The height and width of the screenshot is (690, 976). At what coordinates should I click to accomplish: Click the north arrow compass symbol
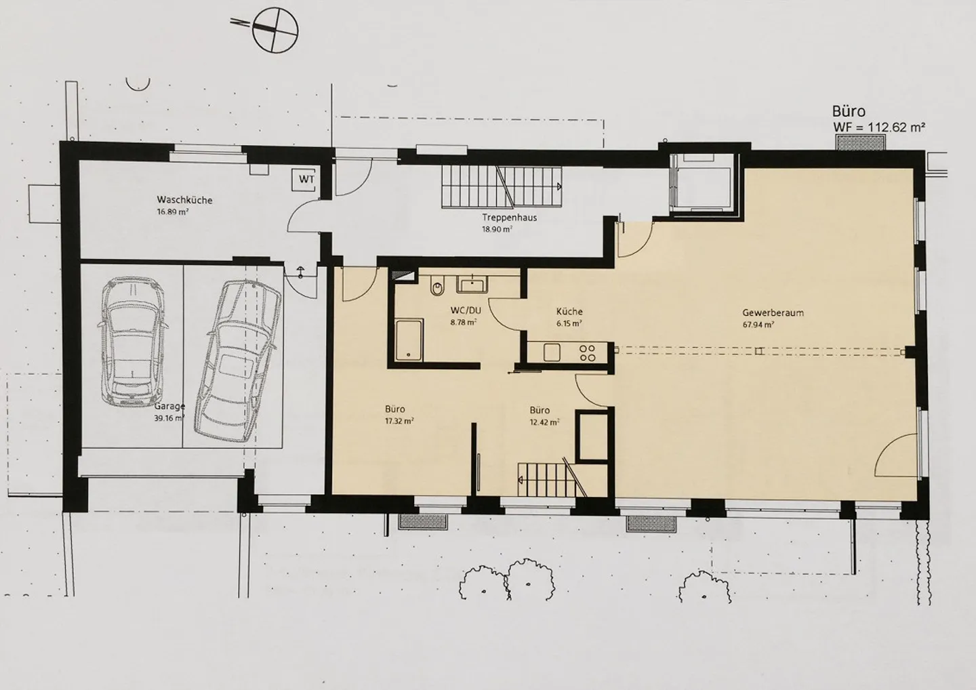tap(277, 28)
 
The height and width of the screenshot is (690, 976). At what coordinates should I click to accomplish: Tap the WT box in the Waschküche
tap(306, 180)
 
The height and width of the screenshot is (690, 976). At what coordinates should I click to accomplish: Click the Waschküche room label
tap(184, 200)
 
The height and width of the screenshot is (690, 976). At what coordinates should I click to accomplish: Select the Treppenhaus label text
tap(500, 218)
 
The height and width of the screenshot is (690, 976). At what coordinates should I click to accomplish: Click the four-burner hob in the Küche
tap(588, 352)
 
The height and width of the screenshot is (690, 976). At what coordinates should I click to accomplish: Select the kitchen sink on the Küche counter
tap(551, 352)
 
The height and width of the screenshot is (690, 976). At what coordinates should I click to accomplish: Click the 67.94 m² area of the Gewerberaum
tap(758, 325)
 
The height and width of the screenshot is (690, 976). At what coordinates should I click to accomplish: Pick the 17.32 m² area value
tap(399, 421)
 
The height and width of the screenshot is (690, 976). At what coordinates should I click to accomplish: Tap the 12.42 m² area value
tap(544, 422)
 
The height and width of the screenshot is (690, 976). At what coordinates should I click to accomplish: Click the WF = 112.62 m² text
tap(879, 127)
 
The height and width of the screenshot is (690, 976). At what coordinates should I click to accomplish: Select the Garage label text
tap(169, 406)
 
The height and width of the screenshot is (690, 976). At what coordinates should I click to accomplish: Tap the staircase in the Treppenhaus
tap(502, 186)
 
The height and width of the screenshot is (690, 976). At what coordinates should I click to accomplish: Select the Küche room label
tap(569, 312)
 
